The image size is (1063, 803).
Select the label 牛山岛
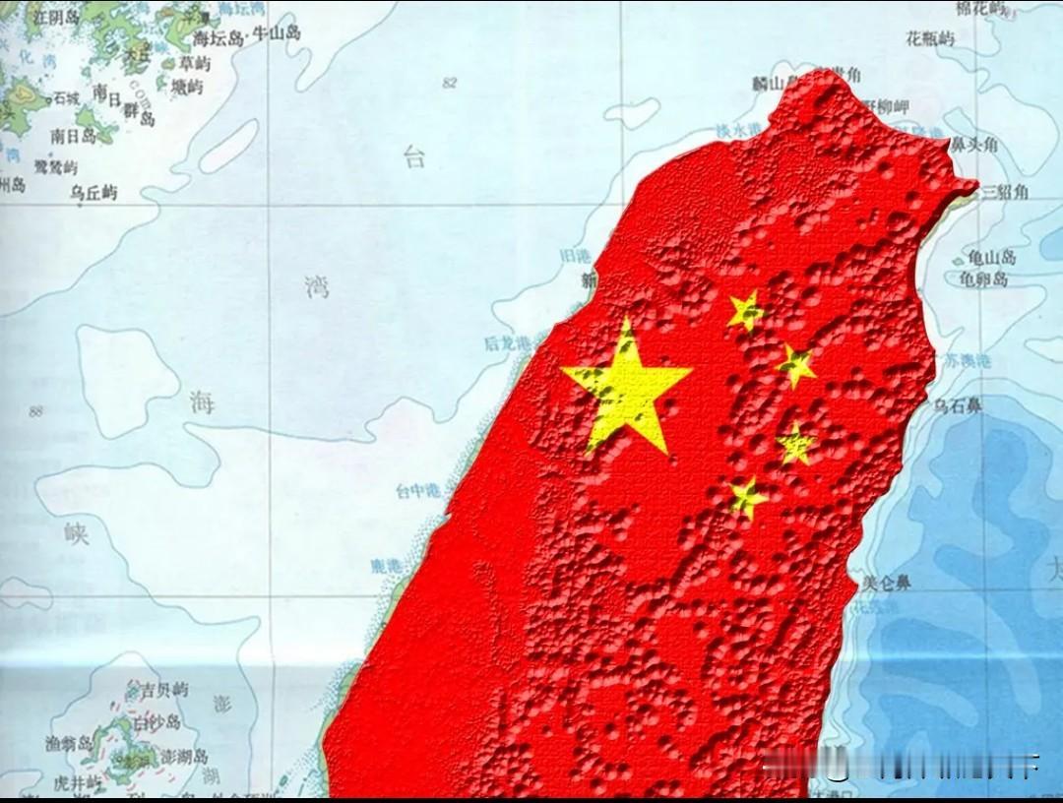coord(277,33)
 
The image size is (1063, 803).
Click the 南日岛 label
coord(73,136)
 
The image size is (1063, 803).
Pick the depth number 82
coord(450,83)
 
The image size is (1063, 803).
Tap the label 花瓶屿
coord(930,39)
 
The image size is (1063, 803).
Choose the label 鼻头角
coord(973,145)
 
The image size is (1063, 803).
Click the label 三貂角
coord(1006,191)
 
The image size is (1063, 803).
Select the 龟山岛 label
coord(990,258)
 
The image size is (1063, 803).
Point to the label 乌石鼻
coord(958,405)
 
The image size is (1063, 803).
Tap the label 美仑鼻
coord(886,583)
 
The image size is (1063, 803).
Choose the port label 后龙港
coord(507,343)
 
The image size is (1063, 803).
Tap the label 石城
coord(67,97)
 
